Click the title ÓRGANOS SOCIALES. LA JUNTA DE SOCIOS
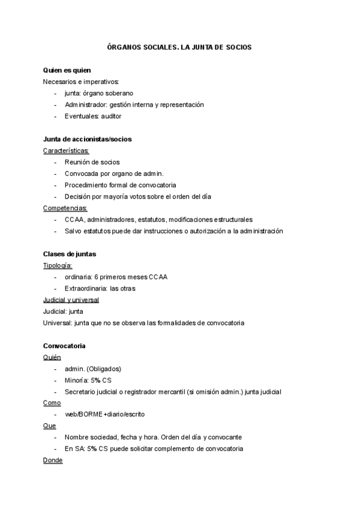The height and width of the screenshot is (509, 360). pos(179,47)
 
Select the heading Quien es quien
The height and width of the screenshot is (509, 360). pos(67,70)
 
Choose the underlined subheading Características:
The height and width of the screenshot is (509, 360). pos(66,151)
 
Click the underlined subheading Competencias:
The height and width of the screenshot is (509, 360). pos(65,208)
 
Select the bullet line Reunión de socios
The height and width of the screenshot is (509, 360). pos(92,162)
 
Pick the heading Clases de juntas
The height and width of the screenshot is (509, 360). pos(70,254)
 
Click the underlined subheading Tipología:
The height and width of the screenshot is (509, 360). pos(58,265)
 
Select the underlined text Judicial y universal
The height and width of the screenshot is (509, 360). pos(71,300)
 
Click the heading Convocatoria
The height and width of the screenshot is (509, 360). pos(64,346)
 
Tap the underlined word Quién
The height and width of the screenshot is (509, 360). pos(52,357)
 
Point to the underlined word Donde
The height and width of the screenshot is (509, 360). pos(53,460)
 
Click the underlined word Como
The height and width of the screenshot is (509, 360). pos(52,403)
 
